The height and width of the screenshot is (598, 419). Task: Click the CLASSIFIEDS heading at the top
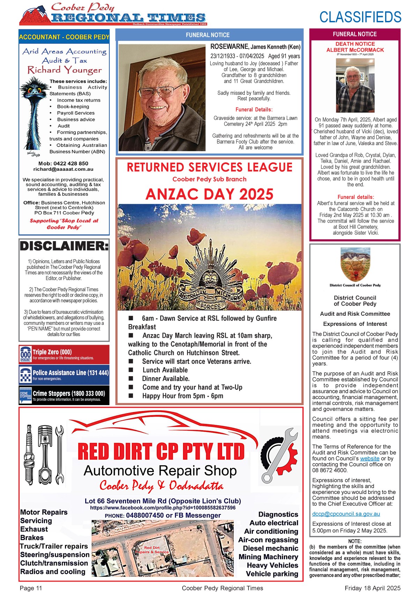coord(360,17)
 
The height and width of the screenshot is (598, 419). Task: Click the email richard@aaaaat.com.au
coord(63,169)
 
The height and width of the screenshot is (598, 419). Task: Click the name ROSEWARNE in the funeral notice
coord(229,46)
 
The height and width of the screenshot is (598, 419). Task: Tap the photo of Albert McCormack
coord(355,85)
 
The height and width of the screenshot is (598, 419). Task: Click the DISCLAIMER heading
coord(64,246)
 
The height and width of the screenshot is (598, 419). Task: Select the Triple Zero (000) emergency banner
coord(64,354)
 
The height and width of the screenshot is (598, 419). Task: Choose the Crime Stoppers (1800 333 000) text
coord(69,394)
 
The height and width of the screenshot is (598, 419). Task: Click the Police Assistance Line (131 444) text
coord(71,373)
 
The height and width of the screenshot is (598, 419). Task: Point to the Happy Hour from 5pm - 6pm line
coord(182,396)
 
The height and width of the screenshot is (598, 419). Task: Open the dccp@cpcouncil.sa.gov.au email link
coord(346,514)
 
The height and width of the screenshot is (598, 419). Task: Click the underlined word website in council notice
coord(370,458)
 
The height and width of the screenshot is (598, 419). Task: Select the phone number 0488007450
coord(145,515)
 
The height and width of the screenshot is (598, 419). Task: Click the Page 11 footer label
coord(31,588)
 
